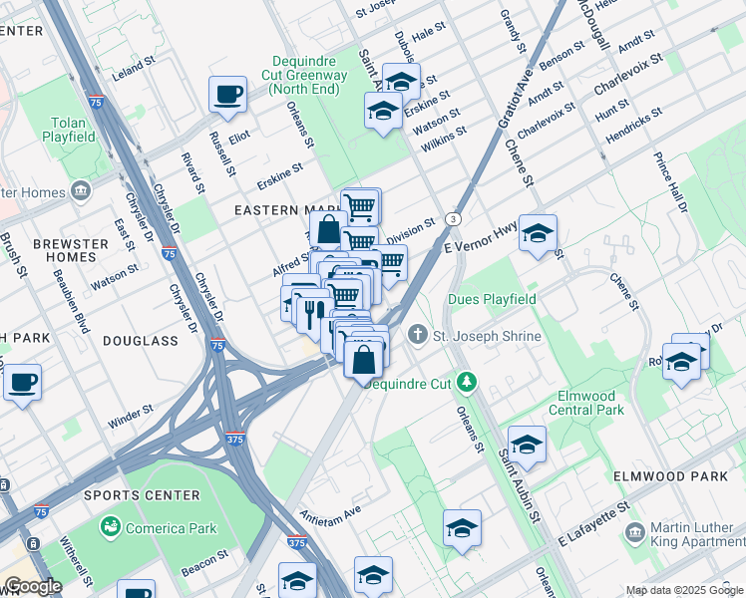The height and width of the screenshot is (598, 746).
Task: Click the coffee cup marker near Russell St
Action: point(227,95)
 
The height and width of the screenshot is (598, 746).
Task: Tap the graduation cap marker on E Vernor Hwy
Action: point(538,234)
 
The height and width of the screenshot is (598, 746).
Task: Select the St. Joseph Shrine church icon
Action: point(418,336)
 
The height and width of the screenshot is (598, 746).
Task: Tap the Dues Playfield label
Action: point(492,299)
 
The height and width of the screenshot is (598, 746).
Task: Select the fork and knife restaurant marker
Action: point(314,313)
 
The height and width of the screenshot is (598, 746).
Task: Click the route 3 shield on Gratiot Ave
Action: point(454,218)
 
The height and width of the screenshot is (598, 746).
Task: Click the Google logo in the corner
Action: point(32,586)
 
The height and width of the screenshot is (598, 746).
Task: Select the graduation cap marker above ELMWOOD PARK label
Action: point(527,445)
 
